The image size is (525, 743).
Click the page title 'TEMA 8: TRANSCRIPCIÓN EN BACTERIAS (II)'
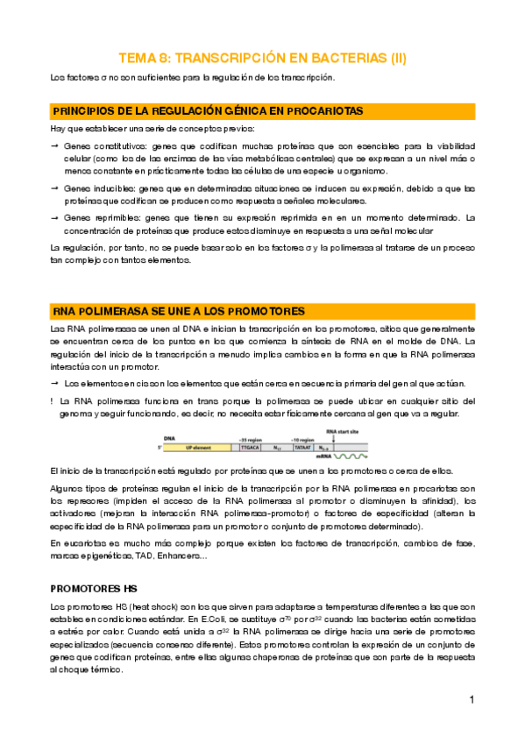tap(262, 59)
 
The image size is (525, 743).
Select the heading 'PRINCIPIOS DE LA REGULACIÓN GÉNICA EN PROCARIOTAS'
tap(207, 111)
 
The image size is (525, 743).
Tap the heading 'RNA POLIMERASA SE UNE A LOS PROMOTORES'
tap(179, 311)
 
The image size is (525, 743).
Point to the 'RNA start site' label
tap(342, 431)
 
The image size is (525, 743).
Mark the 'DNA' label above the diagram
tap(168, 437)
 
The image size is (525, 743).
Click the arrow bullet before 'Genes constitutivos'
tap(55, 145)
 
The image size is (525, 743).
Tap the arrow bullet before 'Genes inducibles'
tap(55, 188)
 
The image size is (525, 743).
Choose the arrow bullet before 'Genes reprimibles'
tap(55, 216)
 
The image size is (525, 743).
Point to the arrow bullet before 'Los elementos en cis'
tap(55, 384)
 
